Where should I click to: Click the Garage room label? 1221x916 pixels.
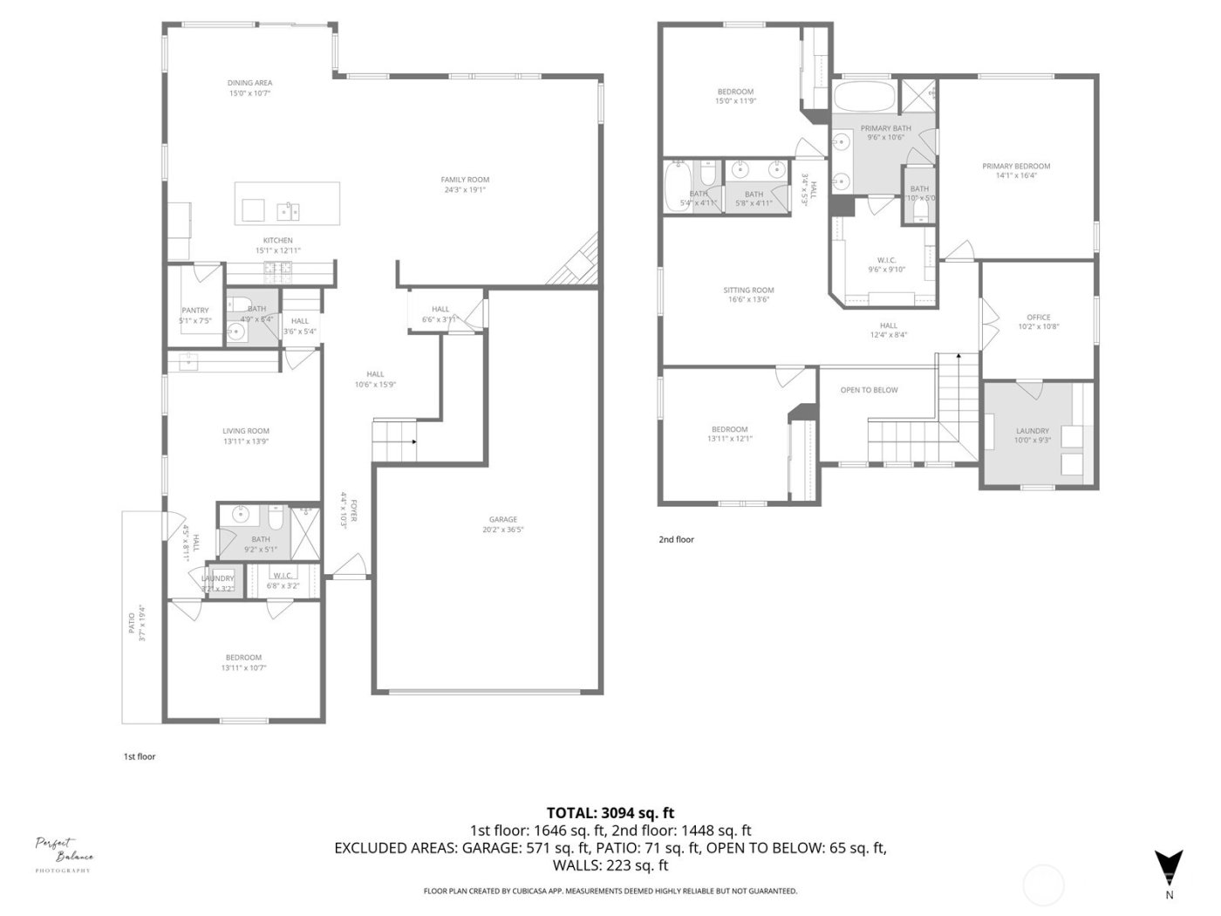[502, 519]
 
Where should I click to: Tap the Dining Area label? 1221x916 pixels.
[249, 83]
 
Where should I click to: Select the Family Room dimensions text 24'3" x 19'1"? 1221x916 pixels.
[465, 189]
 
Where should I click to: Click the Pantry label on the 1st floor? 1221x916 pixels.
[195, 311]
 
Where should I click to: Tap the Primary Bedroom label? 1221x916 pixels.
[1016, 166]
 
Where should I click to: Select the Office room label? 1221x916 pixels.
[1038, 318]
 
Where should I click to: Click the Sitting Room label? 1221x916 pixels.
[748, 291]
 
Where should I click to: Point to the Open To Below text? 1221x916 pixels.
[869, 390]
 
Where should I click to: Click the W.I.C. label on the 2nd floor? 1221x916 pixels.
[886, 260]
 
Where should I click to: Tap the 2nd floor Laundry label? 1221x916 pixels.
[1033, 431]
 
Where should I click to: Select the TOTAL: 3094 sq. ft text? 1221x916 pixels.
[610, 812]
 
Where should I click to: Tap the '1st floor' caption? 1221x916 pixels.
[140, 756]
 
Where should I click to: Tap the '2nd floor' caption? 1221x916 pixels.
[676, 539]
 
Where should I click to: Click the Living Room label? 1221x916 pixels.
[246, 431]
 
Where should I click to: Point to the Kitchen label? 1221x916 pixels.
[278, 241]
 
